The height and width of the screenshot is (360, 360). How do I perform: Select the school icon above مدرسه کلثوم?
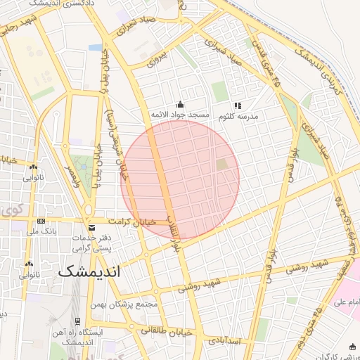pyautogui.click(x=237, y=105)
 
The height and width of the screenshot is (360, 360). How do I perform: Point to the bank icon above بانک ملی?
pyautogui.click(x=40, y=221)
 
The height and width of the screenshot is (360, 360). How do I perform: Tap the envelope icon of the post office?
pyautogui.click(x=92, y=227)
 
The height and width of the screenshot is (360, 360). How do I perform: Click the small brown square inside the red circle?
pyautogui.click(x=222, y=165)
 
